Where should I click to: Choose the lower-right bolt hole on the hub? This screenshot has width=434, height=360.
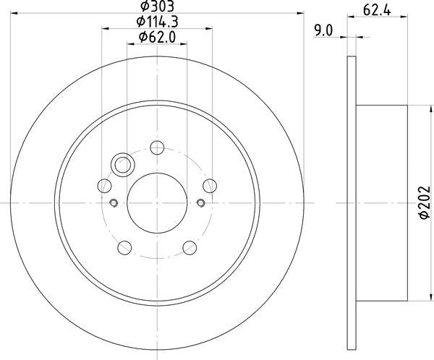coord(190,247)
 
